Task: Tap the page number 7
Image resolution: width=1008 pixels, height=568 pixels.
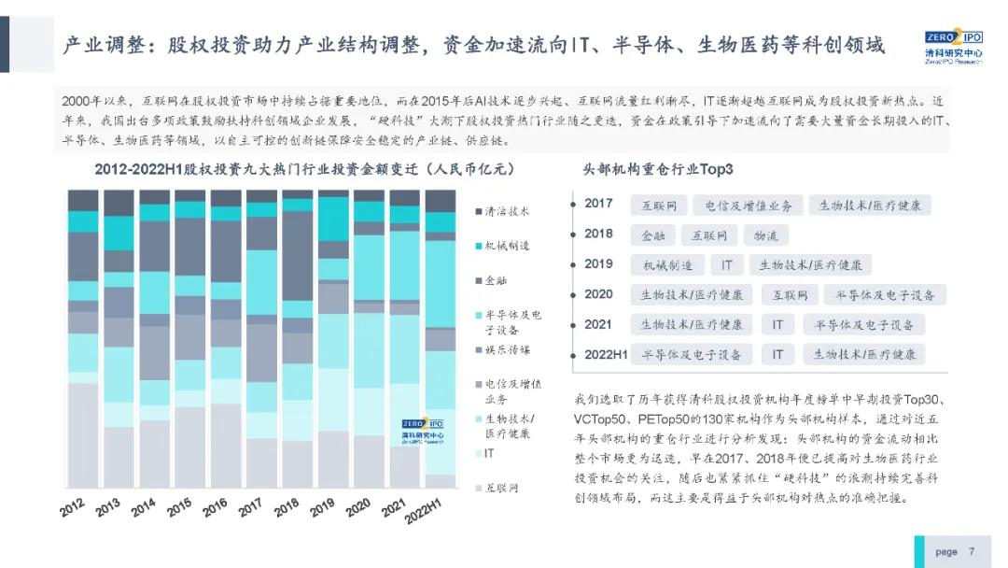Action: tap(972, 551)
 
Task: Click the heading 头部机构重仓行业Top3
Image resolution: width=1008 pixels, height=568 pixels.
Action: tap(658, 170)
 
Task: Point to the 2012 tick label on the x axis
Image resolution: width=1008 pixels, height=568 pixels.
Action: tap(74, 507)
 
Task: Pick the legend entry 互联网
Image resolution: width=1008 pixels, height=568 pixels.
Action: tap(501, 488)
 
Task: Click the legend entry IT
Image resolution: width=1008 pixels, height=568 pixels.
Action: tap(491, 453)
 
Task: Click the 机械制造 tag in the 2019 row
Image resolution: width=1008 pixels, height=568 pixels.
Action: tap(666, 265)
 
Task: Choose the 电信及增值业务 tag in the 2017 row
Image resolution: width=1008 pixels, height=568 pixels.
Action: tap(748, 206)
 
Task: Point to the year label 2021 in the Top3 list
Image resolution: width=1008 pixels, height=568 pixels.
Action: tap(598, 324)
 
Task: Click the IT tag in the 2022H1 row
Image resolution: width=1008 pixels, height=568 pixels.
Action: tap(777, 355)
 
